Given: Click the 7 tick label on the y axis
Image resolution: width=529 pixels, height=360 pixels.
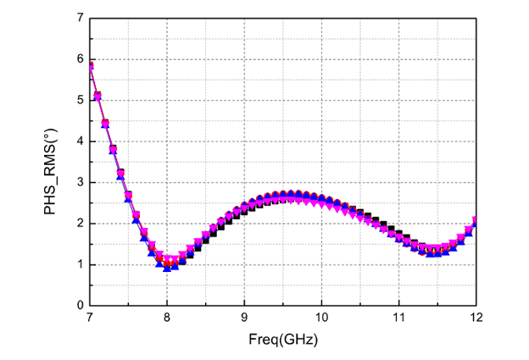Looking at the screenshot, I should [x=79, y=18].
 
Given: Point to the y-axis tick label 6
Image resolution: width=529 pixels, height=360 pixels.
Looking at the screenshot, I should [x=79, y=58].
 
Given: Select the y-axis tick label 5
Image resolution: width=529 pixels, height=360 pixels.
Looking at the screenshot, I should [x=79, y=100].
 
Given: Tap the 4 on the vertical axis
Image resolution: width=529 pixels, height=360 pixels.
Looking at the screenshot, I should [x=79, y=141].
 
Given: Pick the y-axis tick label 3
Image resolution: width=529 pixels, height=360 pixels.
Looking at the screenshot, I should [x=79, y=182].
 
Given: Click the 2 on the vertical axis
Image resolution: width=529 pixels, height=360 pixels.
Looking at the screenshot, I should [x=79, y=223].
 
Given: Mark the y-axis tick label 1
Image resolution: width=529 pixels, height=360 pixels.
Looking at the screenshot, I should [x=79, y=264].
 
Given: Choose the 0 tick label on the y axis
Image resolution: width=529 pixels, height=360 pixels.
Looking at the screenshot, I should [x=79, y=305].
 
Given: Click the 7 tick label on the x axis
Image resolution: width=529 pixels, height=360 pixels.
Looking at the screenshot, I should [x=89, y=318].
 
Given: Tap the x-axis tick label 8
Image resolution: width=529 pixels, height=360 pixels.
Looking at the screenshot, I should [x=167, y=318].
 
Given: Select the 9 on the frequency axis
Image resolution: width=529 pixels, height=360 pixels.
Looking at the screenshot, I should [x=244, y=318].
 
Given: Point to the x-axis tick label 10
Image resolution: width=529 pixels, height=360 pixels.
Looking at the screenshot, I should [x=321, y=318].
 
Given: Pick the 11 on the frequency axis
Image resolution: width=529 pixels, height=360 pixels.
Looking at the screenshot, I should [x=398, y=318].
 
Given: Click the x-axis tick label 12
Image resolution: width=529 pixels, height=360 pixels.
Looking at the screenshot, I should [x=476, y=318].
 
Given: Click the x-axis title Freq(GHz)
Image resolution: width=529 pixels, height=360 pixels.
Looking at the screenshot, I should [x=282, y=339].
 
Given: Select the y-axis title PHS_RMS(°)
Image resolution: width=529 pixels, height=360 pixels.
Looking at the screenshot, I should [x=53, y=162].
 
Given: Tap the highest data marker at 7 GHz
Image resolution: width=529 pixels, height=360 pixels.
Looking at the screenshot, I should [x=90, y=65].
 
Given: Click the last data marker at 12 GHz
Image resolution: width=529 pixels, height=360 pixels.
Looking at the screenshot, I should [x=476, y=221].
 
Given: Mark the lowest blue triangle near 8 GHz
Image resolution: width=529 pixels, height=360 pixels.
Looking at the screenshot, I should [x=168, y=266].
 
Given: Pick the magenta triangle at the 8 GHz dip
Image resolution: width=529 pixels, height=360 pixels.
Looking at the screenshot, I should [x=168, y=258].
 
